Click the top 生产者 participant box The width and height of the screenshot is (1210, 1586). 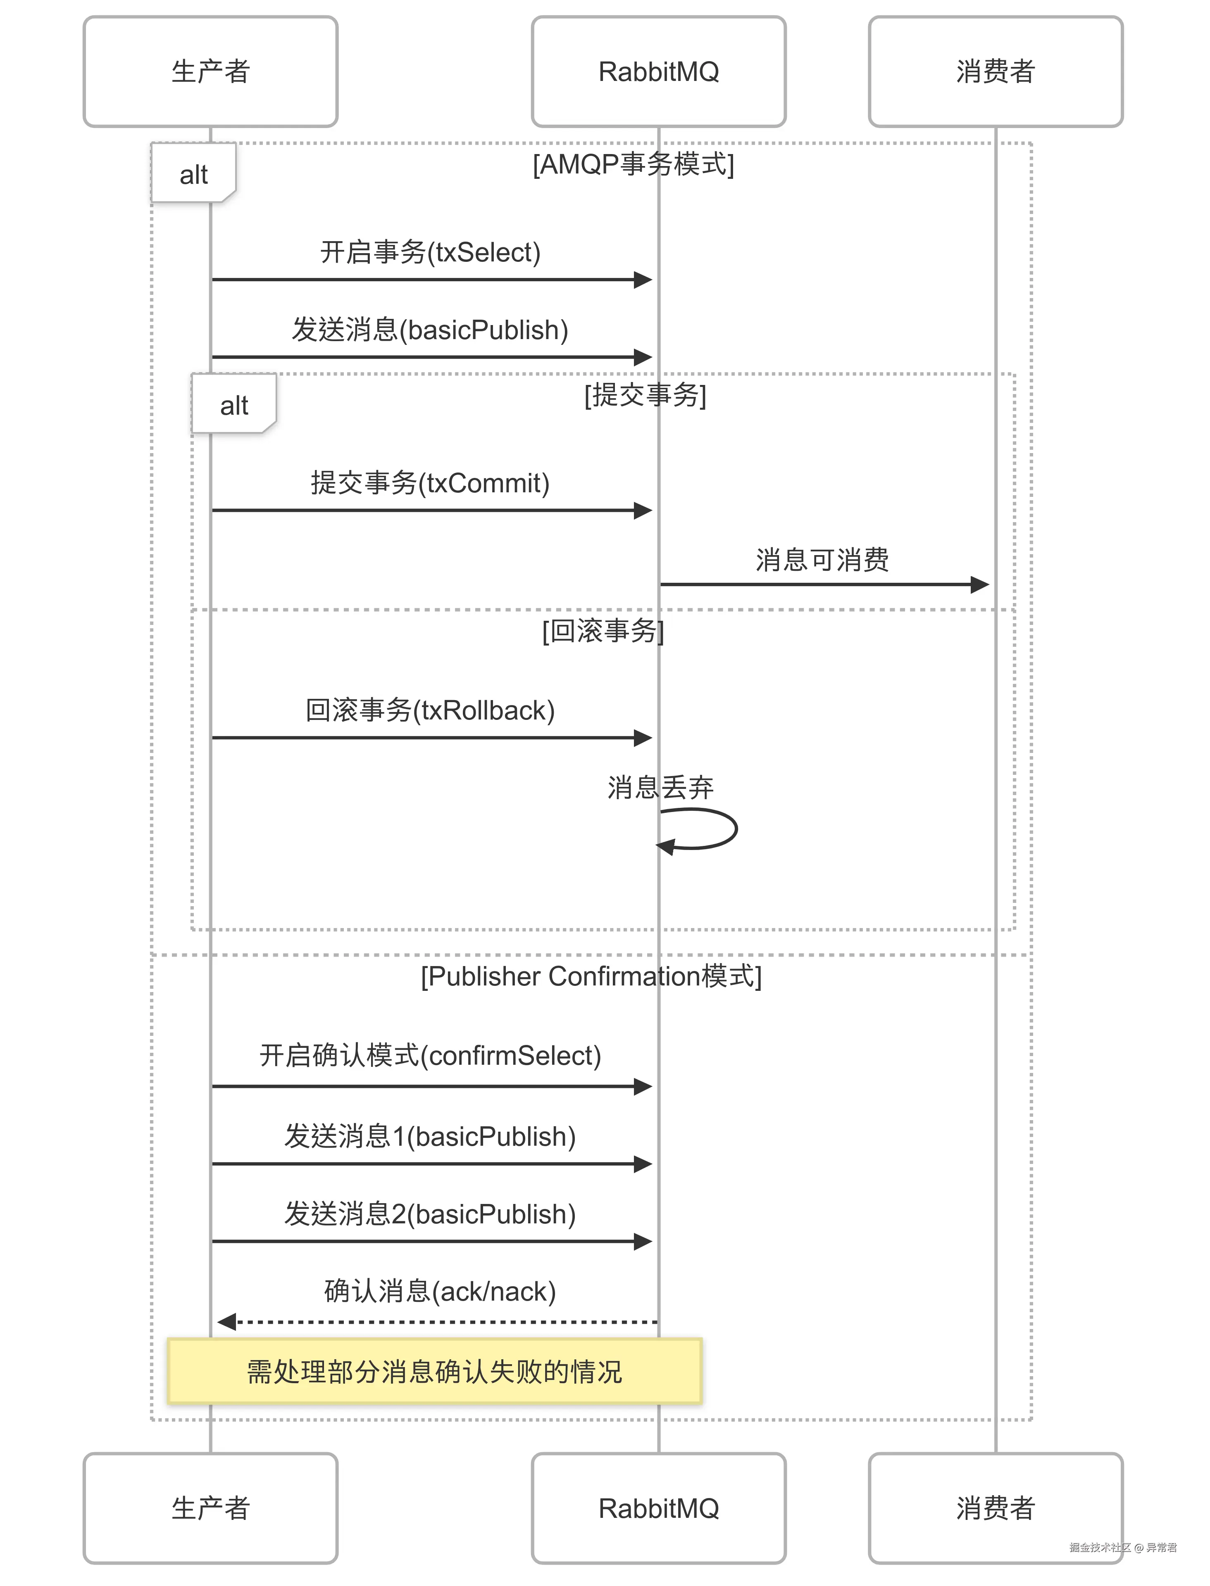(x=210, y=71)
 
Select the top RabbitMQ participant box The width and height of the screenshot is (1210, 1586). (x=658, y=71)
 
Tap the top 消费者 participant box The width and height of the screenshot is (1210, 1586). (x=996, y=71)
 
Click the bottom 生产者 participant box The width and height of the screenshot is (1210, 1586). (x=210, y=1508)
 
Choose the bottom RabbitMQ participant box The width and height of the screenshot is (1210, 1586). (x=658, y=1508)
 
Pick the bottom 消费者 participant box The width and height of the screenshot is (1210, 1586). (x=996, y=1508)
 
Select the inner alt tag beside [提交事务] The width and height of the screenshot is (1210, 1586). (x=233, y=405)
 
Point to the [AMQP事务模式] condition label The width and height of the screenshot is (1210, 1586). (x=633, y=164)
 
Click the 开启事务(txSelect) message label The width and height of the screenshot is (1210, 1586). (x=430, y=252)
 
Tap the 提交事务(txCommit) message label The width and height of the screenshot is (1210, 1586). (x=430, y=483)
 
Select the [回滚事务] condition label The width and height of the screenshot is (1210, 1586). (x=603, y=631)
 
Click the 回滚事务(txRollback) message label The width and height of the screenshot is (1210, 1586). (x=430, y=710)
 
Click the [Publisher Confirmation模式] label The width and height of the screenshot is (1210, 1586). (x=591, y=976)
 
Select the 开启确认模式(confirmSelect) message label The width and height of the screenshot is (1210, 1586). (x=430, y=1055)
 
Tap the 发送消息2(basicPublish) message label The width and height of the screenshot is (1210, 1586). (x=430, y=1214)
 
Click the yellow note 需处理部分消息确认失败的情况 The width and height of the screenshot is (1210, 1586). (x=434, y=1372)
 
